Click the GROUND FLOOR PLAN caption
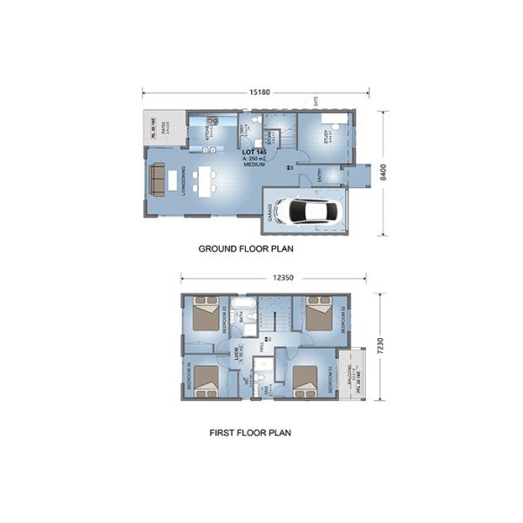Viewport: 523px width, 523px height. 246,248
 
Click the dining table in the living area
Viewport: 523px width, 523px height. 203,180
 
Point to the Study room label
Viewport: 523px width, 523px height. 329,137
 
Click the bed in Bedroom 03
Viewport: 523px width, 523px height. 206,313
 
